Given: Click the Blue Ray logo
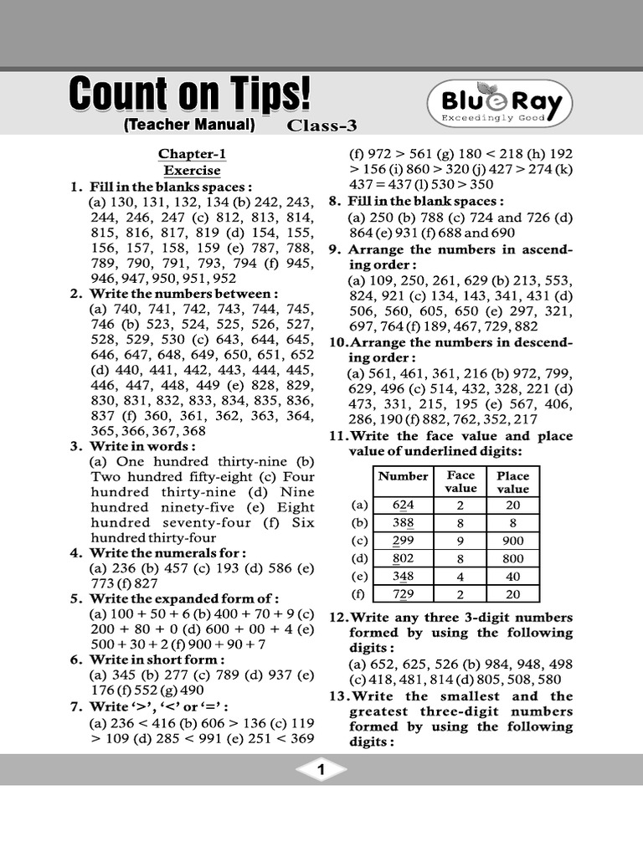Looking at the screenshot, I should pyautogui.click(x=500, y=104).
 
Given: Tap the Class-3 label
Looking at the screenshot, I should pyautogui.click(x=322, y=126).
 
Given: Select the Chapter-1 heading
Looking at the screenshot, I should pyautogui.click(x=192, y=154).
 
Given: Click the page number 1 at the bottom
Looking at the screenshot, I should pyautogui.click(x=321, y=770).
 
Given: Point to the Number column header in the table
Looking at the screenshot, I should pyautogui.click(x=404, y=476).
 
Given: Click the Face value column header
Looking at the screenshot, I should pyautogui.click(x=460, y=481).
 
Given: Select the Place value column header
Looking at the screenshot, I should pyautogui.click(x=512, y=482).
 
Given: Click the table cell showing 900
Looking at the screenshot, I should pyautogui.click(x=512, y=541).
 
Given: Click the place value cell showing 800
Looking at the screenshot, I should pyautogui.click(x=512, y=558).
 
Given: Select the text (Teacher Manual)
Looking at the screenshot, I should pyautogui.click(x=188, y=126).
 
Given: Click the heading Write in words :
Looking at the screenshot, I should pyautogui.click(x=144, y=446).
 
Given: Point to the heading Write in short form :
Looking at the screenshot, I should pyautogui.click(x=157, y=659).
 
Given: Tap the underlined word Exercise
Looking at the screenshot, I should pyautogui.click(x=192, y=170).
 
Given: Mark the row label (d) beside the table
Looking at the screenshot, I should pyautogui.click(x=360, y=558).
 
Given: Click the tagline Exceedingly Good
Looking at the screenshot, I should pyautogui.click(x=499, y=120).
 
